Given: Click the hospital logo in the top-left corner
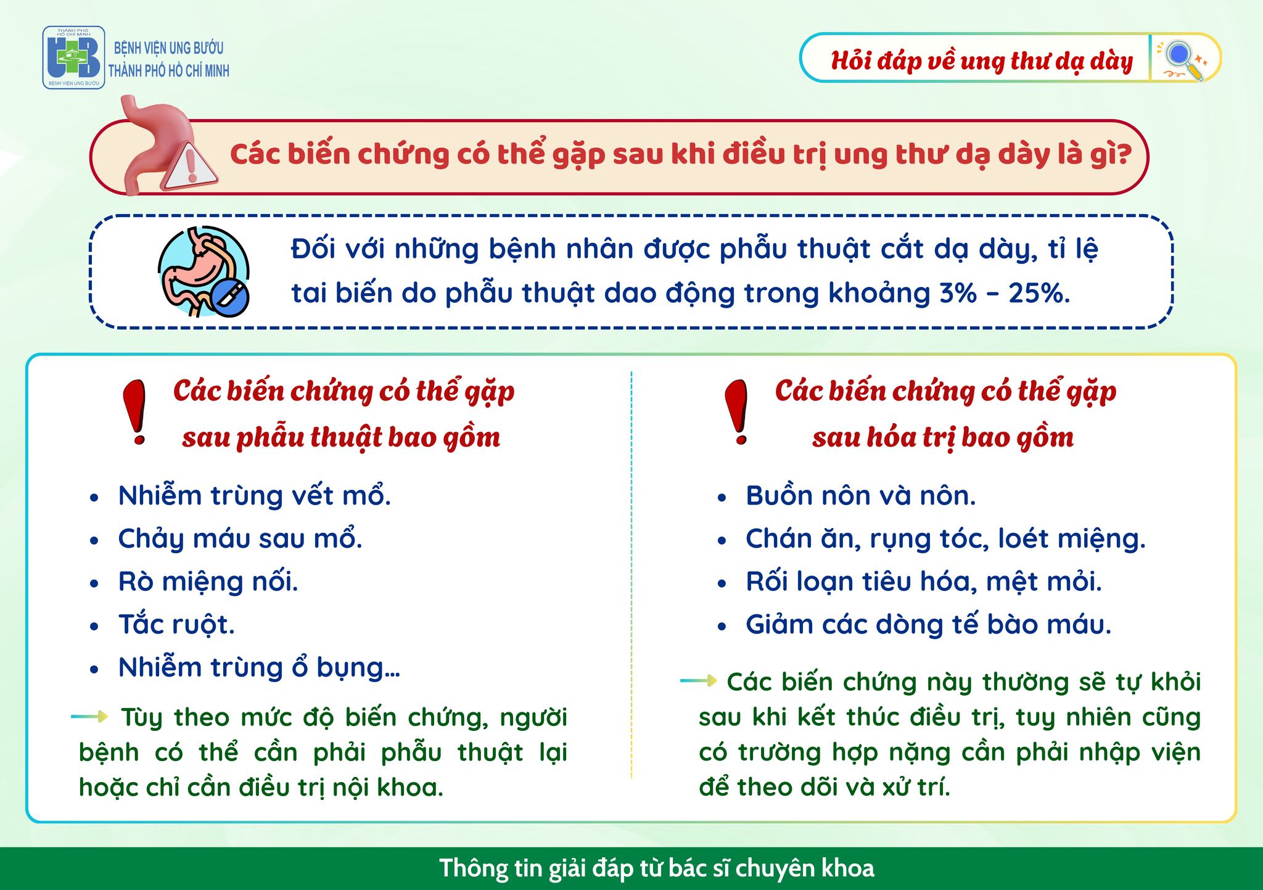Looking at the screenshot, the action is [x=73, y=57].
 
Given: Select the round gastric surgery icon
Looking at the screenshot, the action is [x=204, y=271].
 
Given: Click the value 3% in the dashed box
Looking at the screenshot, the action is [x=958, y=293].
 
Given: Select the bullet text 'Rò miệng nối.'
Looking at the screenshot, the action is [x=208, y=582].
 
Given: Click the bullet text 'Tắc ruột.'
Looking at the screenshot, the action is [x=176, y=625].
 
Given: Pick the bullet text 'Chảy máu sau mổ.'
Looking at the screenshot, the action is [x=241, y=539].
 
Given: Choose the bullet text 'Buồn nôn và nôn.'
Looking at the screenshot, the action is [x=861, y=496].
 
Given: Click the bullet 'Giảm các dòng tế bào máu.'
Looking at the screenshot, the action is [x=929, y=625].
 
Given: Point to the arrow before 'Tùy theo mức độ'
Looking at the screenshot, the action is [x=90, y=716].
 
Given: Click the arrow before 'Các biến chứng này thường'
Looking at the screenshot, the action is [x=699, y=681].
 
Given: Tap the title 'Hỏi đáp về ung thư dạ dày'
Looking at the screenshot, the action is [x=982, y=61].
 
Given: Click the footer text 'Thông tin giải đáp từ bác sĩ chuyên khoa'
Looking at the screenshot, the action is [x=657, y=868].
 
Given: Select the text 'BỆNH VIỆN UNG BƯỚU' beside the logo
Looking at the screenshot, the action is [x=169, y=47].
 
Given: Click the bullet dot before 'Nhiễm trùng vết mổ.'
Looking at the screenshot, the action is [x=94, y=498].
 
